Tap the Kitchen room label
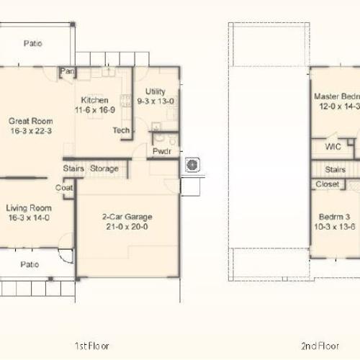tap(94, 100)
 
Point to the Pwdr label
tap(161, 151)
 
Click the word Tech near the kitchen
tap(121, 130)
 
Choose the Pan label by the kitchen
tap(68, 71)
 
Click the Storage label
tap(104, 168)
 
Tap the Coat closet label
tap(64, 187)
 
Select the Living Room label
tap(30, 207)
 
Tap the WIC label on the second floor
tap(333, 146)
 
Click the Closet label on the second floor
tap(328, 184)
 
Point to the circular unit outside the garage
tap(192, 166)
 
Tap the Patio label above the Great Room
tap(32, 43)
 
